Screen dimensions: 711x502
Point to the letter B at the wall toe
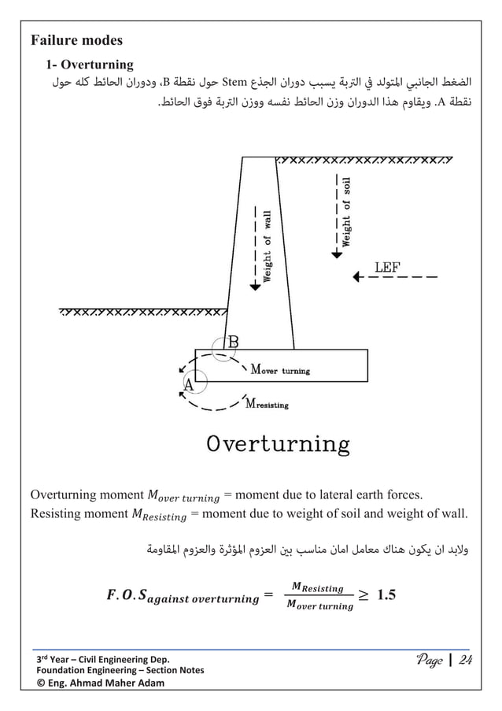(x=234, y=342)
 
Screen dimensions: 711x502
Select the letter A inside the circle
(x=189, y=384)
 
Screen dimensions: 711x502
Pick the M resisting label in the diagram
(x=268, y=405)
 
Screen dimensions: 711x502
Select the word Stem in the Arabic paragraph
(x=235, y=80)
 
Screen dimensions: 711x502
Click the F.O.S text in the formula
(x=125, y=594)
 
